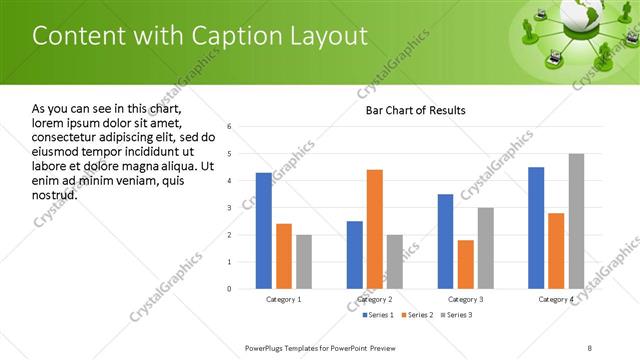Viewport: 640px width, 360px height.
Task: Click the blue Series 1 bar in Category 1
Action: click(263, 231)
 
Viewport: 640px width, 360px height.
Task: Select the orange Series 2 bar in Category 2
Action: click(375, 229)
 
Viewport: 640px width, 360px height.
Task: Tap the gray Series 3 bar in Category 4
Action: click(576, 221)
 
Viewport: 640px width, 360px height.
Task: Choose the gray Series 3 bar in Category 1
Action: click(304, 262)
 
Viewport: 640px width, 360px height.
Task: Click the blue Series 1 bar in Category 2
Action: click(355, 255)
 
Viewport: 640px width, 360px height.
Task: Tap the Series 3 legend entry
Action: click(457, 315)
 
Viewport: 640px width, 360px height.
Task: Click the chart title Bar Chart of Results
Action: click(415, 110)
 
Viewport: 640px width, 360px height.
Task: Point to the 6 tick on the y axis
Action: click(230, 127)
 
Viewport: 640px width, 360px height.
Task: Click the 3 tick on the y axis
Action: click(230, 208)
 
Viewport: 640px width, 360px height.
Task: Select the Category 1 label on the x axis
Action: click(283, 299)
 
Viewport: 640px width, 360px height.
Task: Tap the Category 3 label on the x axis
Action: click(465, 299)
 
